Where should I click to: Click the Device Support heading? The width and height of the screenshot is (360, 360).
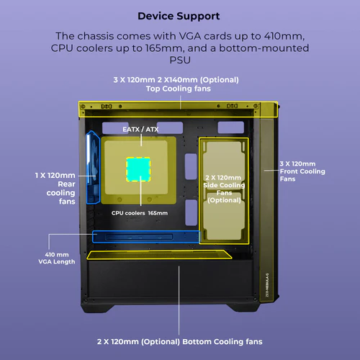tap(179, 17)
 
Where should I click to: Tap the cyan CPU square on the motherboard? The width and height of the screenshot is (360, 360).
tap(138, 169)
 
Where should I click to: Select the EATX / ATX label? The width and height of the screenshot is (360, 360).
tap(140, 130)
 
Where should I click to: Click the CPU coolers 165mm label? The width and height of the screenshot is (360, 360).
tap(140, 213)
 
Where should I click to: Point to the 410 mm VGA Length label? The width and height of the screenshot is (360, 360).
tap(57, 258)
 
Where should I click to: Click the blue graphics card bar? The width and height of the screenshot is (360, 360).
tap(146, 237)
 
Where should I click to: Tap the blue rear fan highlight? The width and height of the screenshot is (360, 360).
tap(93, 168)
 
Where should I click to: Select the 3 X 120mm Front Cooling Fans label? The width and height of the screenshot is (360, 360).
tap(302, 171)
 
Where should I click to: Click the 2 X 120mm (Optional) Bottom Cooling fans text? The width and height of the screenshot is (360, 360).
tap(179, 341)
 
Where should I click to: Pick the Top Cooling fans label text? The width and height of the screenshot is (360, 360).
tap(179, 89)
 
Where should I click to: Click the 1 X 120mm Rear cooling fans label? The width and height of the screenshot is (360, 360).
tap(55, 189)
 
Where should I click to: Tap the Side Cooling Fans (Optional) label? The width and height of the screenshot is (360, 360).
tap(224, 189)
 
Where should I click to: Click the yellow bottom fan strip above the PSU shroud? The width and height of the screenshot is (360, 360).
tap(159, 255)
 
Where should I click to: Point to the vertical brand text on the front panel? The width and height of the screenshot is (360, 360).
tap(267, 285)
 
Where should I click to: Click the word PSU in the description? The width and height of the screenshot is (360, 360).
tap(180, 60)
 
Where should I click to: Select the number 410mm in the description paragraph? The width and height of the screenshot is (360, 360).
tap(284, 36)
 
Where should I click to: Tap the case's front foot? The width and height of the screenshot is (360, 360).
tap(244, 308)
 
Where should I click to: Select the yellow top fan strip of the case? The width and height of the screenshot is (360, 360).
tap(178, 109)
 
